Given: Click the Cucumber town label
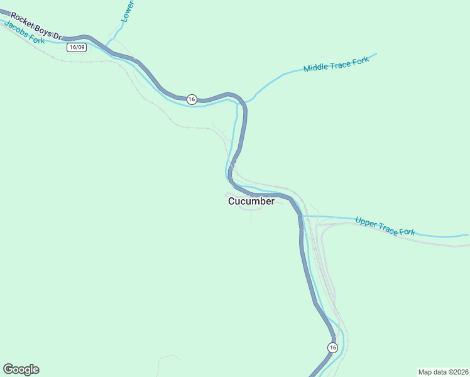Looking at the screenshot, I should tap(251, 202).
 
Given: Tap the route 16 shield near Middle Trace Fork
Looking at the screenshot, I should tap(192, 99).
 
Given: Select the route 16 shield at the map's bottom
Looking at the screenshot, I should tap(332, 347).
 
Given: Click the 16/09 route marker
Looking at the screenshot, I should tap(77, 47).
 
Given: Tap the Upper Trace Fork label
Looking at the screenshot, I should tap(385, 226).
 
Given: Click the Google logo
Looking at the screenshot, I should tap(21, 369).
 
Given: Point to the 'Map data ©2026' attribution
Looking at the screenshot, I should tap(442, 371).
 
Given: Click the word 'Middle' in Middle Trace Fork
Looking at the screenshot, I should tap(316, 67).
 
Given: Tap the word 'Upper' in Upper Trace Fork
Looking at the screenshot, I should tap(366, 222).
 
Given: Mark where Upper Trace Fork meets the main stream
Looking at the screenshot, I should tap(303, 216).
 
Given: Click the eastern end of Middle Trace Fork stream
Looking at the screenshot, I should tap(376, 54).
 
